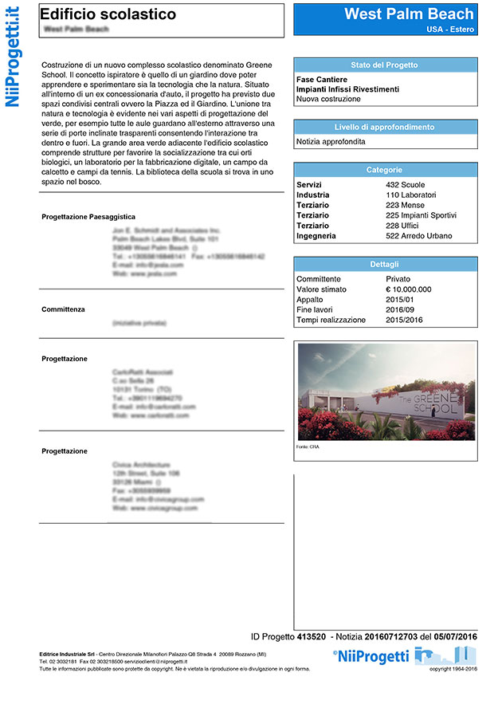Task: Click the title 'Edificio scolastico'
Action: [108, 14]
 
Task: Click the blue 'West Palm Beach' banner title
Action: [409, 14]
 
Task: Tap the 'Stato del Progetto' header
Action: [384, 65]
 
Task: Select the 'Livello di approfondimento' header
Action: [384, 128]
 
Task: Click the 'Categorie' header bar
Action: [384, 170]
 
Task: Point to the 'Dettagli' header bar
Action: [384, 264]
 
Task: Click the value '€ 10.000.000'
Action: [408, 289]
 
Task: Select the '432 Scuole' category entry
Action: [405, 185]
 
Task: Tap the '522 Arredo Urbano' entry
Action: [418, 236]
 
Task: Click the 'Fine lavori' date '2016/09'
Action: [402, 309]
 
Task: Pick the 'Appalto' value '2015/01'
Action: [402, 300]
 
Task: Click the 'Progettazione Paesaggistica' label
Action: [88, 217]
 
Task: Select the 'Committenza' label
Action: [63, 309]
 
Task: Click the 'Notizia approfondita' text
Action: [331, 141]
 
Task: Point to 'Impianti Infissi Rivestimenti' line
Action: [347, 89]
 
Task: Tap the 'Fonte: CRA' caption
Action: [307, 447]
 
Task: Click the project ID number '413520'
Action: [311, 636]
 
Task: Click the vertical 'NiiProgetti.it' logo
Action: [13, 56]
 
